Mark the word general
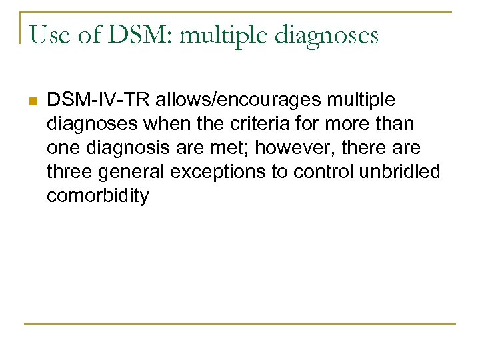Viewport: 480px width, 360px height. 133,172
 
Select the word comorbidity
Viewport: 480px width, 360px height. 98,196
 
